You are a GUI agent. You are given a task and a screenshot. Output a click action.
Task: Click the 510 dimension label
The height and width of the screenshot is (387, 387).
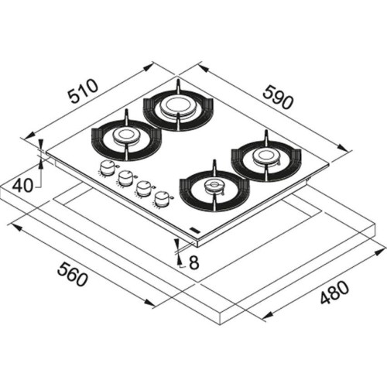pos(83,94)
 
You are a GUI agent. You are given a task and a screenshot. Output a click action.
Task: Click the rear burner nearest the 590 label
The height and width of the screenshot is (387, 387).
pos(177,108)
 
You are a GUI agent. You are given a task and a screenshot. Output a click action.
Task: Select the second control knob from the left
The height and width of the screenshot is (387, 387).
pos(125,179)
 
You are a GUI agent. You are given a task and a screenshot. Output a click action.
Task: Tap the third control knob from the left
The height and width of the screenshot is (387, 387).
pos(143,188)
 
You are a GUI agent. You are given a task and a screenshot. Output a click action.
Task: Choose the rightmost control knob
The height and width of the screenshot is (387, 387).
pos(162,199)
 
